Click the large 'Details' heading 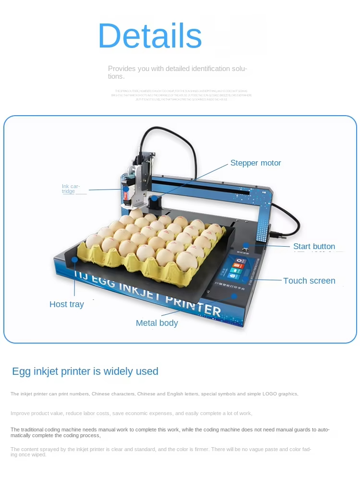click(150, 36)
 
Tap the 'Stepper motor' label click(255, 163)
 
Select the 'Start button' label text click(314, 247)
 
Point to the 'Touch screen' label click(309, 281)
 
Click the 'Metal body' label click(156, 323)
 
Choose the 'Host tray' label click(66, 304)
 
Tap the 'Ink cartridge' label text click(71, 189)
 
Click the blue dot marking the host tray click(74, 260)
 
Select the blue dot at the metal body click(234, 296)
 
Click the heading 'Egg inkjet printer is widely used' click(85, 371)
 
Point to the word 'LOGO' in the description click(269, 394)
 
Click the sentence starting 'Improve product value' click(131, 413)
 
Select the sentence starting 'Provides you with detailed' click(177, 72)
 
